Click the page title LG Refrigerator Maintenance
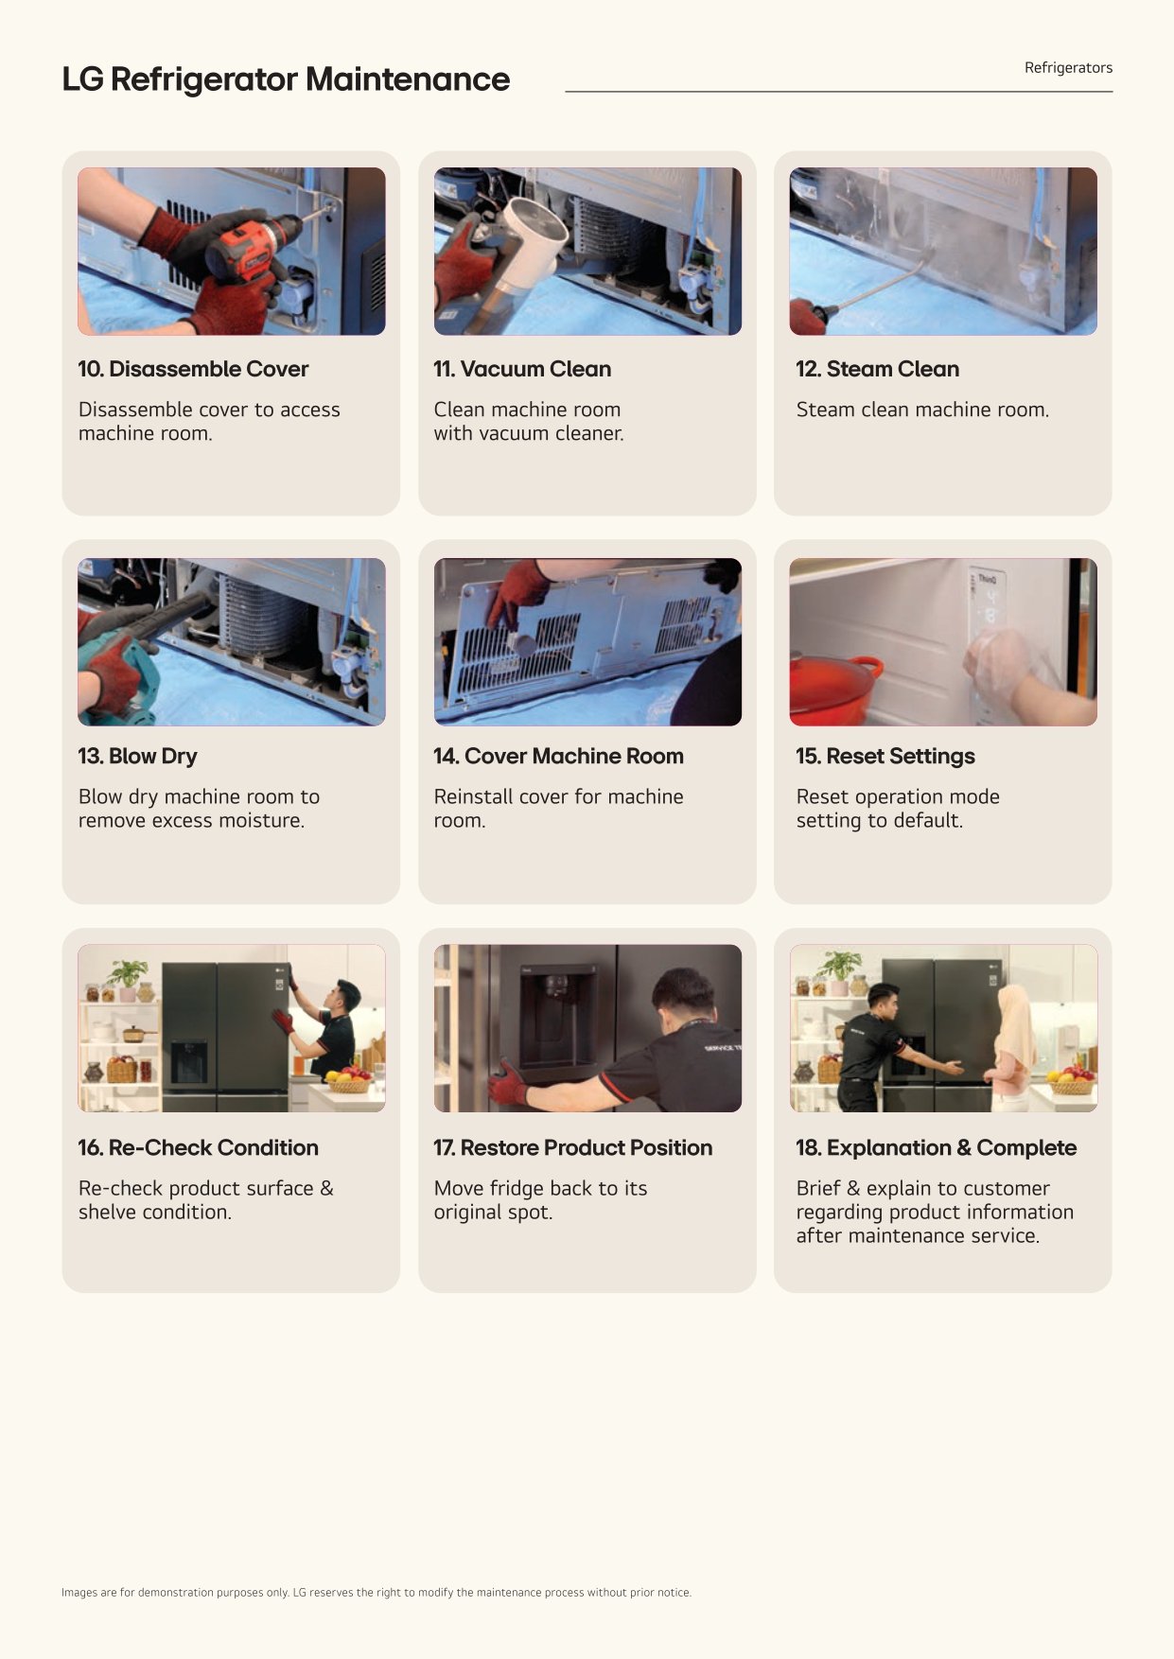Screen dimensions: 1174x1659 point(286,79)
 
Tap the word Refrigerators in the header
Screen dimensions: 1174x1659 point(1068,68)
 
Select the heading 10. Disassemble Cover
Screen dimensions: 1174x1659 point(193,369)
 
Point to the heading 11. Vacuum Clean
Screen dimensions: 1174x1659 point(522,369)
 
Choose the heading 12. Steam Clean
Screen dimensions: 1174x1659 point(877,369)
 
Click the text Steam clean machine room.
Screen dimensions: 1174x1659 point(922,410)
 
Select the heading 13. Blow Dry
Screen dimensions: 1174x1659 point(138,756)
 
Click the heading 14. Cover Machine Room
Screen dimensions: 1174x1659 point(558,756)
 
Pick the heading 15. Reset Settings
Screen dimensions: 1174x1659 point(885,756)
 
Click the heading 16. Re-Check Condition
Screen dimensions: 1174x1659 point(199,1147)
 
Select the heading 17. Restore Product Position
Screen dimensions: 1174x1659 point(573,1147)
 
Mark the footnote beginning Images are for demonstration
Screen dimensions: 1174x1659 point(377,1593)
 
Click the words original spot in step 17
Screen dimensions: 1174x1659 point(493,1213)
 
